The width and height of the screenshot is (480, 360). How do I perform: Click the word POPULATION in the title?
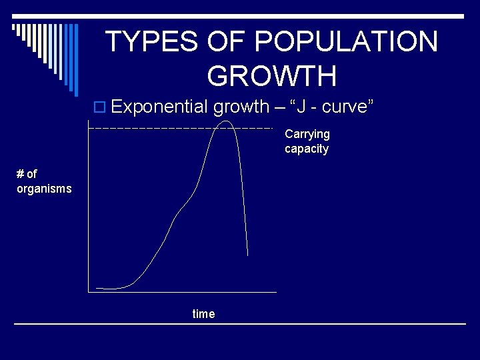pyautogui.click(x=346, y=42)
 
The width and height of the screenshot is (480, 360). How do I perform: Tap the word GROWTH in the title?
pyautogui.click(x=272, y=76)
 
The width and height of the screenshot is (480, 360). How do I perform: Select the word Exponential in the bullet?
pyautogui.click(x=159, y=107)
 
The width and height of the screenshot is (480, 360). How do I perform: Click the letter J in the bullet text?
pyautogui.click(x=301, y=107)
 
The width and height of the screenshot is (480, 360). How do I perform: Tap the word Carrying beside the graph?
pyautogui.click(x=307, y=134)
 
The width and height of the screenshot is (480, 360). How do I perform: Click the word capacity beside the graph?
pyautogui.click(x=307, y=149)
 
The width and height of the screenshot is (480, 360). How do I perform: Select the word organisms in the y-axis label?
pyautogui.click(x=44, y=189)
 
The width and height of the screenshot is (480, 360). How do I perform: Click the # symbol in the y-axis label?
pyautogui.click(x=20, y=174)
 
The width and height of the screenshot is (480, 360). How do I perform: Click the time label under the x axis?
pyautogui.click(x=203, y=314)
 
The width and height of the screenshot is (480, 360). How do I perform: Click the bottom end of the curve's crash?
pyautogui.click(x=248, y=255)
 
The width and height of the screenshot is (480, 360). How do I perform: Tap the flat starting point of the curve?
pyautogui.click(x=100, y=288)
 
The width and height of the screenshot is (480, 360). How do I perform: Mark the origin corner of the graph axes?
pyautogui.click(x=88, y=292)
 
